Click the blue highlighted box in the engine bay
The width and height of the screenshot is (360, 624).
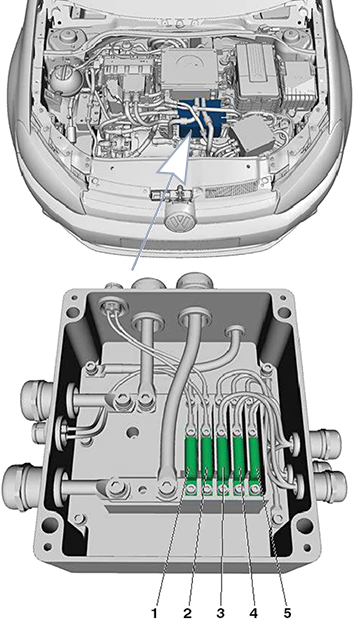pyautogui.click(x=198, y=118)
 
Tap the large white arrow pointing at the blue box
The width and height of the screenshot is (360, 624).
pyautogui.click(x=175, y=162)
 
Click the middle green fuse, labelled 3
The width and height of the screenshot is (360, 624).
pyautogui.click(x=223, y=461)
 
